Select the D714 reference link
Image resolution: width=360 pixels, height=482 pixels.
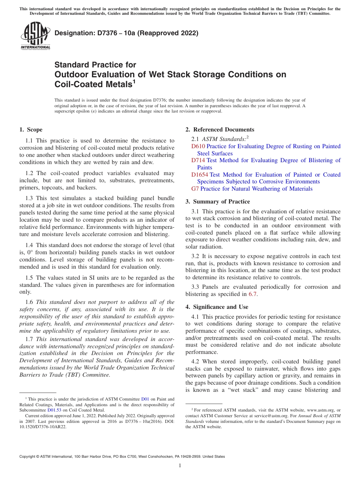(x=198, y=160)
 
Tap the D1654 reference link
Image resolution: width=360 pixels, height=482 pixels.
(x=200, y=175)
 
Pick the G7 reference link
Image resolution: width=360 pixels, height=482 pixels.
(x=195, y=189)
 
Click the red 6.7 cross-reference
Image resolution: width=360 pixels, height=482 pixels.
(x=252, y=294)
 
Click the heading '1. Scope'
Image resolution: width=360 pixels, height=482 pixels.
(x=31, y=130)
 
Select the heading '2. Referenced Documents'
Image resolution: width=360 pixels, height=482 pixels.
(x=220, y=130)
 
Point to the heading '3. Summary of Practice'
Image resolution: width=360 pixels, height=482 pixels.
(x=218, y=202)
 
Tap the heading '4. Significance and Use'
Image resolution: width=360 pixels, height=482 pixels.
(x=217, y=307)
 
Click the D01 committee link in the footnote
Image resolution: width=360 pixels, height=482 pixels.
(x=145, y=399)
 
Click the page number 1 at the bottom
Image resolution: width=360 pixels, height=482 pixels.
(x=180, y=465)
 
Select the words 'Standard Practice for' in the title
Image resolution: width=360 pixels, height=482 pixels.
(x=95, y=65)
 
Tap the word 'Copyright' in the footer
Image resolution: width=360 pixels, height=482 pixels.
(x=28, y=457)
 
